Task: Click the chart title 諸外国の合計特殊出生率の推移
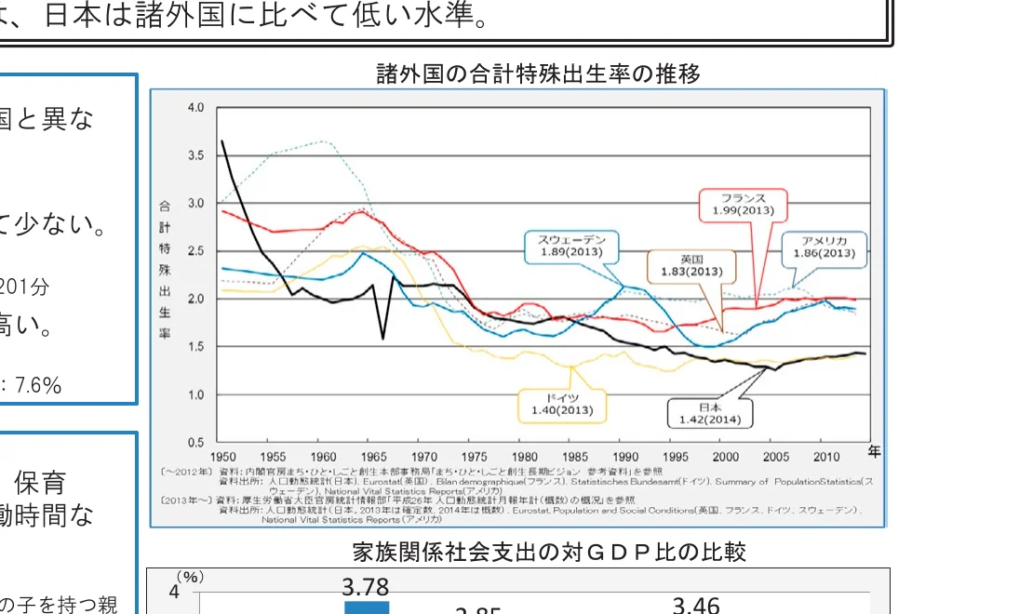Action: coord(538,73)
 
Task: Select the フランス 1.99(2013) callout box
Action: coord(743,205)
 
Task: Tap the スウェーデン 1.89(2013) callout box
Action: coord(567,246)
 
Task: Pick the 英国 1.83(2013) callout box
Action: coord(691,265)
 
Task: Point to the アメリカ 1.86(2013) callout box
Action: coord(824,247)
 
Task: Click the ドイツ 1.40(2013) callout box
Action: coord(562,404)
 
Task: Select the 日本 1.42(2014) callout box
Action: coord(709,414)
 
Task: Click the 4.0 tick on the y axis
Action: coord(195,108)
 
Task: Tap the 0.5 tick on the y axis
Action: coord(195,442)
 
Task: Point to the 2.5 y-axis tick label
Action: coord(195,251)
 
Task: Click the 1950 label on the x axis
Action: coord(222,457)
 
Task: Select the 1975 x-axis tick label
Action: coord(475,457)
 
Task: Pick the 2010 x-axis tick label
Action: coord(826,457)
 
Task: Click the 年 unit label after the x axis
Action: coord(874,452)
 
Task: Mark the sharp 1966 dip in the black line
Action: coord(383,337)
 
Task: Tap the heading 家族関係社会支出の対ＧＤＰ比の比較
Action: coord(549,553)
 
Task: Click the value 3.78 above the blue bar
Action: coord(365,587)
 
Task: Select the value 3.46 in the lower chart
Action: coord(696,606)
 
